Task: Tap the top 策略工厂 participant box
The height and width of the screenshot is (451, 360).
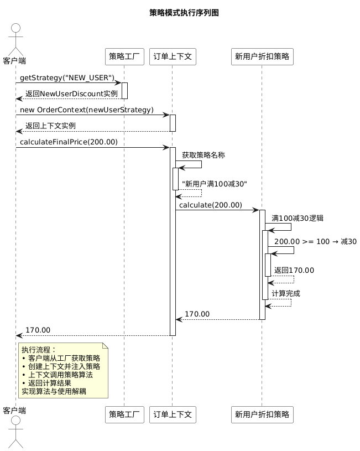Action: [x=124, y=56]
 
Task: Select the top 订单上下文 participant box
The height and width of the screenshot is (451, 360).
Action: [x=173, y=56]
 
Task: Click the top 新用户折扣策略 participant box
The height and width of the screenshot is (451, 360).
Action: [x=262, y=56]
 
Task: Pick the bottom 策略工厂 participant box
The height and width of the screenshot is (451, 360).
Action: [x=124, y=414]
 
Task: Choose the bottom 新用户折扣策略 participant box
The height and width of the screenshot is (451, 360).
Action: [x=262, y=414]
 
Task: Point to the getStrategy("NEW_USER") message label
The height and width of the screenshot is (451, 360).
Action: [x=67, y=78]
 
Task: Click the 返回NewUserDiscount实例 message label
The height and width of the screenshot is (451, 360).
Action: [x=71, y=94]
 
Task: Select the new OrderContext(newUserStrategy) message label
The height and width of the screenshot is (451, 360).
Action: [x=87, y=110]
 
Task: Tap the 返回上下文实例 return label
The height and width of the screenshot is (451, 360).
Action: [x=50, y=126]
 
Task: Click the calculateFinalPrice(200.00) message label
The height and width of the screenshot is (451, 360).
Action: [x=69, y=142]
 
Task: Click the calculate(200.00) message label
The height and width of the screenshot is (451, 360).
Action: [x=211, y=205]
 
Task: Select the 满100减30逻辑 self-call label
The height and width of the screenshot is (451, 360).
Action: [x=298, y=219]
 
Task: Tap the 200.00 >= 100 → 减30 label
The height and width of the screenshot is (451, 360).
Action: [x=315, y=242]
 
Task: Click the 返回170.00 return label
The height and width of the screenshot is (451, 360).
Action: [x=294, y=271]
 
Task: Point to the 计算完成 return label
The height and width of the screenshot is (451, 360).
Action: [x=286, y=293]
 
